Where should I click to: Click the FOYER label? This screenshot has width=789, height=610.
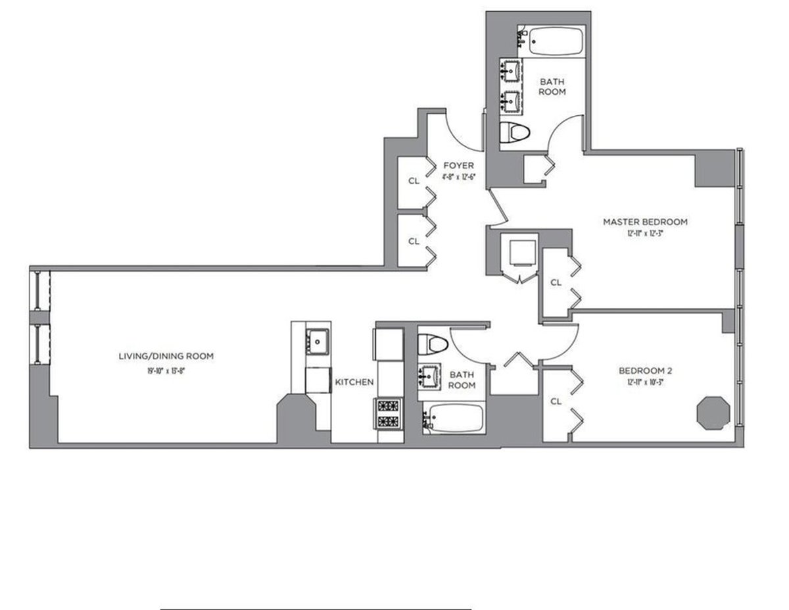tap(458, 165)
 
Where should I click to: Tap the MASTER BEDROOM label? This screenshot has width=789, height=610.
tap(645, 222)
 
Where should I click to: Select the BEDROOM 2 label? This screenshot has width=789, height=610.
tap(645, 370)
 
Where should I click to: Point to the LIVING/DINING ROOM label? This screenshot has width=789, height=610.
tap(166, 356)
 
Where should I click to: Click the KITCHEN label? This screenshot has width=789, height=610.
tap(354, 382)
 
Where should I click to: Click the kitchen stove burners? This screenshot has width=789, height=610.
tap(387, 413)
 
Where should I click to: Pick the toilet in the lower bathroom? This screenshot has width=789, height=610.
tap(432, 343)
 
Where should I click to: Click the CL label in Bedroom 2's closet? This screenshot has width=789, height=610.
tap(556, 401)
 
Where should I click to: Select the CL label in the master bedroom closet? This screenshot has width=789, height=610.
tap(556, 282)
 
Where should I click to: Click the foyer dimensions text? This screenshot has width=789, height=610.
tap(458, 176)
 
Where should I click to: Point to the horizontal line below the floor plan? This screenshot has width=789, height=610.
tap(316, 609)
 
